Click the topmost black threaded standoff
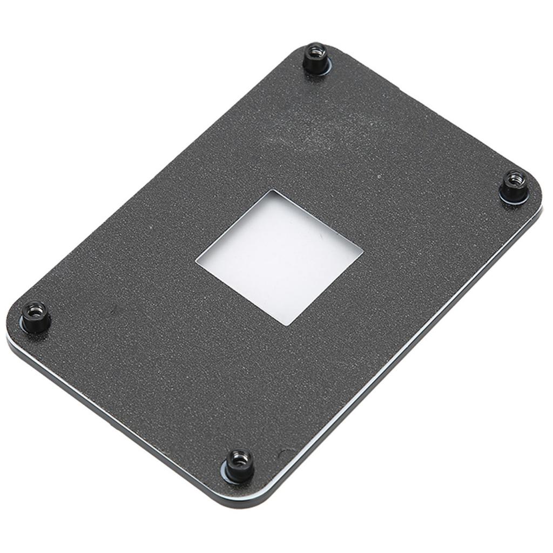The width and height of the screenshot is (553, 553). point(316,58)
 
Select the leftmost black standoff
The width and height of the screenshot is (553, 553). point(36,316)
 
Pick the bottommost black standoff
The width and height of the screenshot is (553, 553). point(239,464)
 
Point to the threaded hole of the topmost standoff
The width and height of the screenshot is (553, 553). point(315,52)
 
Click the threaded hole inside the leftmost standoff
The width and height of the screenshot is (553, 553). point(35,310)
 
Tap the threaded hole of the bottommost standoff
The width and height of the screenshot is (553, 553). point(239,458)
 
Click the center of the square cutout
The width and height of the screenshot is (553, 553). point(279,257)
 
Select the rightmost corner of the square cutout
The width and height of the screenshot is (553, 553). point(361,250)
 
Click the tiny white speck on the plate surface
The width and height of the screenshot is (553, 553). point(379,176)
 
